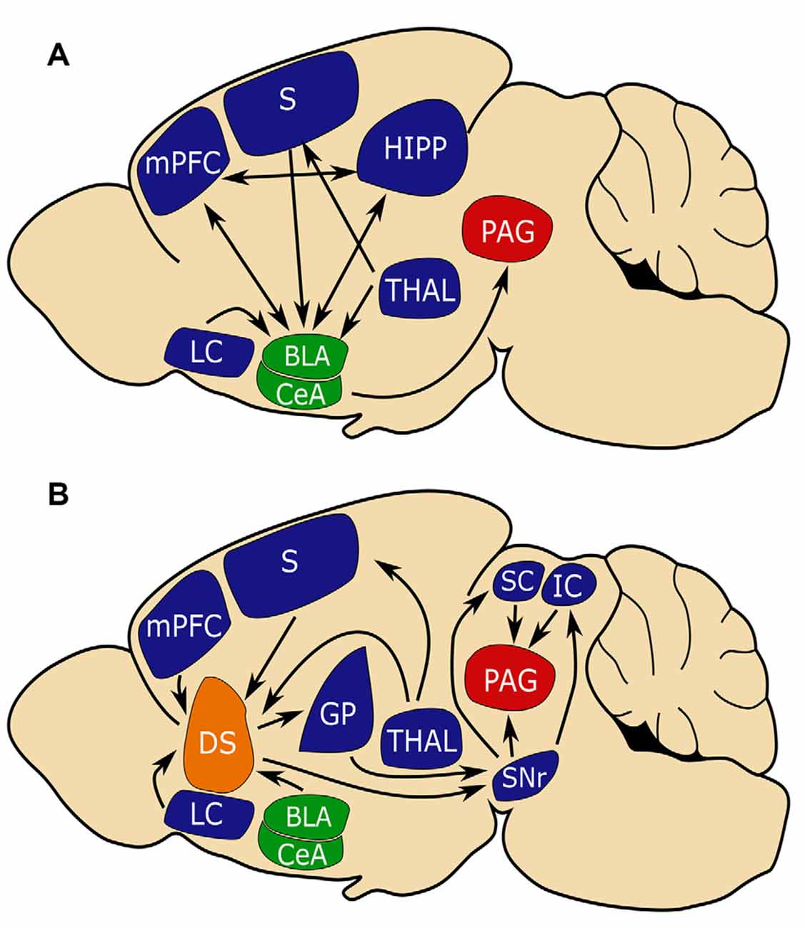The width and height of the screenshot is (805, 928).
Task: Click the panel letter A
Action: pyautogui.click(x=58, y=54)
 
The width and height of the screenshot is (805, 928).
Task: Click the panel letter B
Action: pyautogui.click(x=58, y=493)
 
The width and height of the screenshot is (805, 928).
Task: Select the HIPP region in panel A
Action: pyautogui.click(x=414, y=148)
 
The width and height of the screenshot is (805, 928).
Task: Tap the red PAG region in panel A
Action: pyautogui.click(x=508, y=231)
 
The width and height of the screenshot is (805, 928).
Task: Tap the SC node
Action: pyautogui.click(x=517, y=583)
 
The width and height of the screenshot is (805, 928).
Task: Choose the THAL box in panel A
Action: pyautogui.click(x=420, y=290)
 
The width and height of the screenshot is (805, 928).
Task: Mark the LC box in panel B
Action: pyautogui.click(x=208, y=815)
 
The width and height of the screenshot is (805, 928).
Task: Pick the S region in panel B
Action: pyautogui.click(x=289, y=563)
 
